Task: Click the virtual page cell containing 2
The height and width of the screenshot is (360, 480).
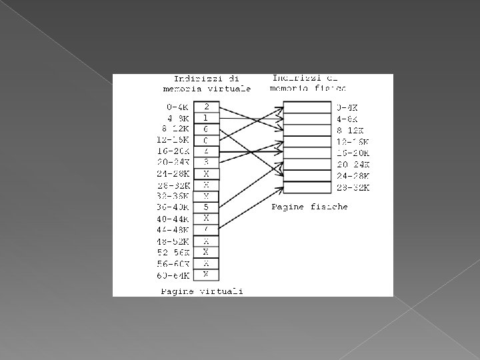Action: (x=207, y=106)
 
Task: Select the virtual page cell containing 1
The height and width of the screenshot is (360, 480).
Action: (x=207, y=117)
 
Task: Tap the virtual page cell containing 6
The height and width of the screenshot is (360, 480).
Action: (x=207, y=129)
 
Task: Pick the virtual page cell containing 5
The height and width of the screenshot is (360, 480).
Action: (x=207, y=207)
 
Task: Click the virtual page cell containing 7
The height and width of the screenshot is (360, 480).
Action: (x=207, y=229)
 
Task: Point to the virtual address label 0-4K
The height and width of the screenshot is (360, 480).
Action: (x=177, y=107)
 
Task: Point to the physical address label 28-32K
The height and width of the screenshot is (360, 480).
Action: (x=353, y=187)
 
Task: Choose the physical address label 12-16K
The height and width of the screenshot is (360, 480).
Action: (x=353, y=141)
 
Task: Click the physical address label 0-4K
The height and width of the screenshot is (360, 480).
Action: (x=348, y=107)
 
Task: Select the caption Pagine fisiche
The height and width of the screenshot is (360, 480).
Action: (x=309, y=207)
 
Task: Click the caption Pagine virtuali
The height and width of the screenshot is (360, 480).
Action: (x=193, y=291)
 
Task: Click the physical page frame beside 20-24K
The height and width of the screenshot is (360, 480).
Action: (x=307, y=164)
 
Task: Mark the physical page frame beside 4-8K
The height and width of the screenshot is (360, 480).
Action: (x=307, y=119)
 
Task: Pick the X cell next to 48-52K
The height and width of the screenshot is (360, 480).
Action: (x=207, y=241)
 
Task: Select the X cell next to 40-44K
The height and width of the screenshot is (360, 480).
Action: (x=207, y=218)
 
